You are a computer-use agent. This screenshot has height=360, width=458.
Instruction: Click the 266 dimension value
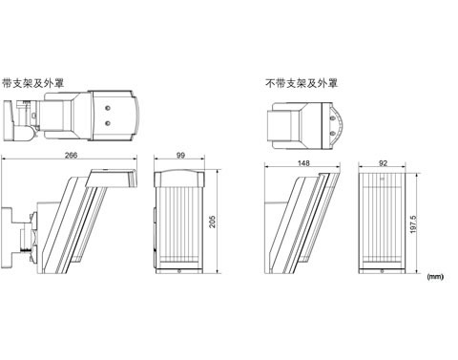pos(71,156)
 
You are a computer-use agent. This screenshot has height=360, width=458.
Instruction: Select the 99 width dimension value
pos(180,156)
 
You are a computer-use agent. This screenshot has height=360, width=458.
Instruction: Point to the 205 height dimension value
pos(212,222)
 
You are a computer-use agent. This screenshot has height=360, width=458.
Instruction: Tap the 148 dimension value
pos(303,163)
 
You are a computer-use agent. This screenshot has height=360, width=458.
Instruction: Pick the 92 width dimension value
pos(384,163)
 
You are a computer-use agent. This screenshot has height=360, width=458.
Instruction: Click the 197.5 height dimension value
pos(413,224)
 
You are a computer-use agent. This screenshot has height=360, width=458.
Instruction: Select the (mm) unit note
pos(435,277)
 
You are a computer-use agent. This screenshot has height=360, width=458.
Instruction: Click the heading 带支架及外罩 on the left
pos(33,83)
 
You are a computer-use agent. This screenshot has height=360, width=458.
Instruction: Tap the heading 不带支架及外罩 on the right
pos(302,83)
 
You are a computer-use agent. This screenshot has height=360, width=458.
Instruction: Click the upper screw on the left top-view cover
pos(108,108)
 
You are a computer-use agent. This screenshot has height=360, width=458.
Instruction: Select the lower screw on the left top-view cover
pos(108,123)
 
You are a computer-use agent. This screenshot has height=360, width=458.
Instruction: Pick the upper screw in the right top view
pos(333,118)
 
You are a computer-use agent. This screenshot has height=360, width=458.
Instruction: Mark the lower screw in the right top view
pos(333,133)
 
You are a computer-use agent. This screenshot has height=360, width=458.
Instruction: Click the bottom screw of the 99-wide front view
pos(179,271)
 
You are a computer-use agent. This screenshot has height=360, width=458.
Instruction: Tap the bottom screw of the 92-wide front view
pos(383,271)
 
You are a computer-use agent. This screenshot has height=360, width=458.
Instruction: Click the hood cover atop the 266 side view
pos(112,179)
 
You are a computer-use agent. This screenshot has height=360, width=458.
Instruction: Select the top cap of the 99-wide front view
pos(179,179)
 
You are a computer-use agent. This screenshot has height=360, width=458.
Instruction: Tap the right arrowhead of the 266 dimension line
pos(135,159)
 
